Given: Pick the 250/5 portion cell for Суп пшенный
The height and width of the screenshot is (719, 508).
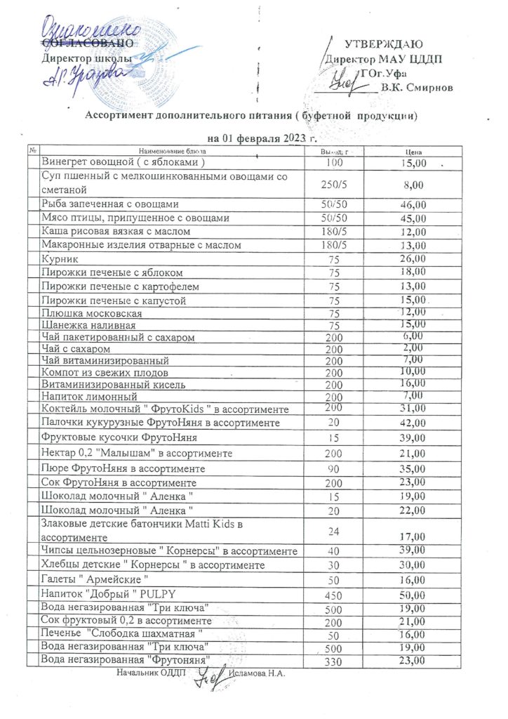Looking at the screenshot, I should tap(333, 185).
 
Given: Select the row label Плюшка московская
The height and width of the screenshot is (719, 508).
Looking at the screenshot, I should tap(92, 312).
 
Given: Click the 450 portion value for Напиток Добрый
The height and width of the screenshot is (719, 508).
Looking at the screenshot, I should tap(333, 595).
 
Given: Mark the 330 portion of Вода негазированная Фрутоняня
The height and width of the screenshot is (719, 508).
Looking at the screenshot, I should tap(333, 661).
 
